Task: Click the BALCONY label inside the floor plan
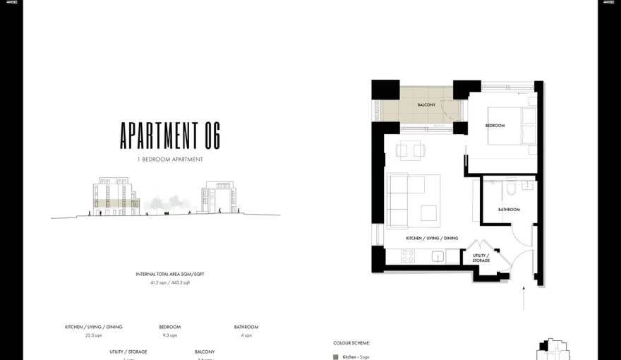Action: coord(426,104)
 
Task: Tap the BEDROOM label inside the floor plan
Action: coord(495,126)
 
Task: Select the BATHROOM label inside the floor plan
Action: coord(509,210)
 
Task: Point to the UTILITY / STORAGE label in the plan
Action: coord(481,258)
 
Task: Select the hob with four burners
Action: coord(408,257)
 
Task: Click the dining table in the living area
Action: coord(411,150)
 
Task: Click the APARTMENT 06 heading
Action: coord(170,135)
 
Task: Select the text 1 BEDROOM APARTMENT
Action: coord(170,160)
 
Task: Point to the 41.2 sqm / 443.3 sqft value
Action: coord(170,282)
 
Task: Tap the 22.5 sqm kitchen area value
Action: coord(94,335)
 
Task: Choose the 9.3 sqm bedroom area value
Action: coord(169,335)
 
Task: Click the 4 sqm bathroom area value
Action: coord(246,335)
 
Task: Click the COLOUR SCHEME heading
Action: coord(351,343)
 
